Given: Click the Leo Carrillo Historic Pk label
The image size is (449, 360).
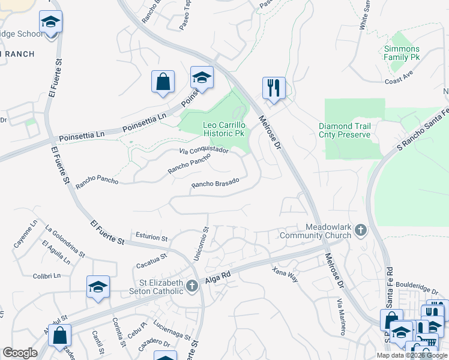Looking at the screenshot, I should [x=223, y=128].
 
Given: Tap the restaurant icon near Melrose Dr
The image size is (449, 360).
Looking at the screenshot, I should [x=274, y=88].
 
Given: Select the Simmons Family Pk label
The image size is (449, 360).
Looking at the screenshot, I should [x=402, y=53].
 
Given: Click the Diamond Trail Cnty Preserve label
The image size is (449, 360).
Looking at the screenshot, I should [x=345, y=130].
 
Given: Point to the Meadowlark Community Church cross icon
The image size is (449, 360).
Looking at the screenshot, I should [x=360, y=230].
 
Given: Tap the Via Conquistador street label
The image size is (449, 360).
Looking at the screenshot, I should [x=204, y=150].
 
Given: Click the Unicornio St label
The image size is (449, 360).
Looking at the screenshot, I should [x=200, y=243].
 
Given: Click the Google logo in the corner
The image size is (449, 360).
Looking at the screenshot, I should [x=20, y=353].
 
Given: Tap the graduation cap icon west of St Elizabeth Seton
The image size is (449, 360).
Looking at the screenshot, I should [x=98, y=287].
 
